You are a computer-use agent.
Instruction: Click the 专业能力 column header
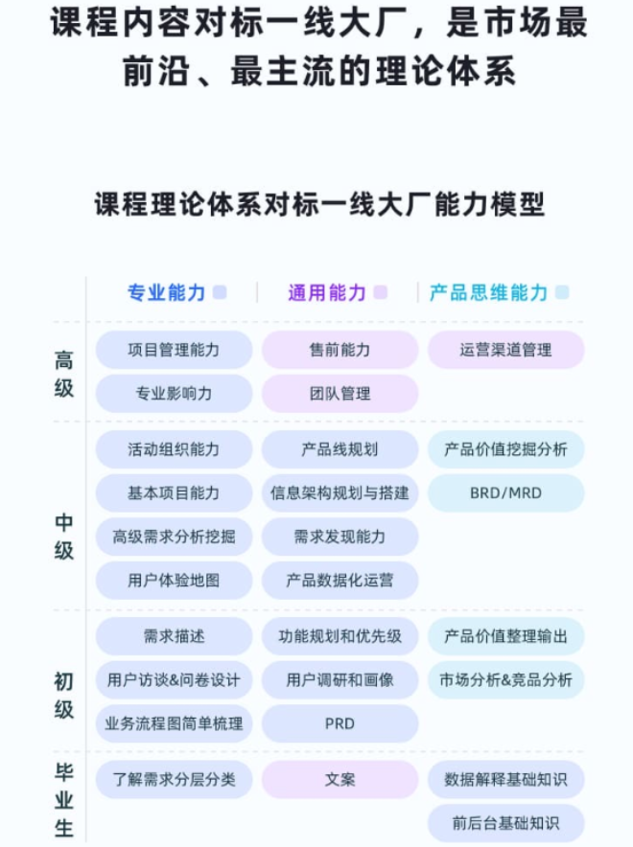(167, 293)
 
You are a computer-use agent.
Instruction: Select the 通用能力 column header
(327, 293)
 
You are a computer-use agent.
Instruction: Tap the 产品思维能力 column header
(489, 293)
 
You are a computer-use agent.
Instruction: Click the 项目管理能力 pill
(174, 350)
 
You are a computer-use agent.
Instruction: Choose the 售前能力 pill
(340, 350)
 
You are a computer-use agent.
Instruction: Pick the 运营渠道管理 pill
(506, 350)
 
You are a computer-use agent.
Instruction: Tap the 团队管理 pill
(340, 394)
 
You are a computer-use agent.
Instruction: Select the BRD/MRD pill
(506, 493)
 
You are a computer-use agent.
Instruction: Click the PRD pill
(340, 723)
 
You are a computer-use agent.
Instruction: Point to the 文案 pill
(340, 780)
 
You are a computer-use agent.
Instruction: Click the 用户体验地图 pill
(174, 581)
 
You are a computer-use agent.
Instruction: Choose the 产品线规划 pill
(340, 449)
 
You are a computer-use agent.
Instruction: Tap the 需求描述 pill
(174, 636)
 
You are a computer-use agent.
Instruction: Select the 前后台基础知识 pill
(506, 824)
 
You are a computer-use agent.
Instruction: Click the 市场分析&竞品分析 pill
(506, 680)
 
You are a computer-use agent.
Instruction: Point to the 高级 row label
(64, 374)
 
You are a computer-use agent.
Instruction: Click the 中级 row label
(64, 537)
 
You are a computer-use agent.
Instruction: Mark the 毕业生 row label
(64, 799)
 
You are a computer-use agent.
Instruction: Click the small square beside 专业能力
(220, 292)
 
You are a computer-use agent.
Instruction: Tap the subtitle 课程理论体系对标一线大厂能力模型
(319, 204)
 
